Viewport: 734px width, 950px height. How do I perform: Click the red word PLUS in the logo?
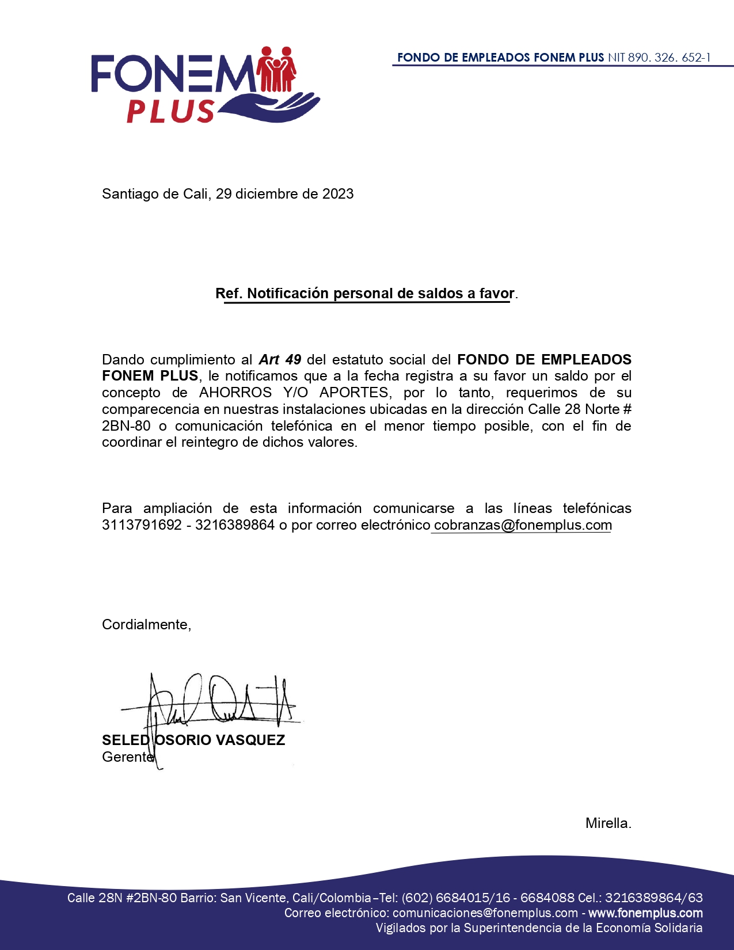point(170,111)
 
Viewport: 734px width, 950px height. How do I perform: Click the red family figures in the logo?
point(277,70)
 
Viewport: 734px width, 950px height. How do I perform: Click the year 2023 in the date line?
point(338,194)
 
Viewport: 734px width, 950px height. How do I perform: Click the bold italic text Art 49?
point(280,360)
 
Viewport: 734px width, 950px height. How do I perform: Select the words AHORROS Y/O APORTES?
point(294,393)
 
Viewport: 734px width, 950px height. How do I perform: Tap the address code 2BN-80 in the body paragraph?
point(126,426)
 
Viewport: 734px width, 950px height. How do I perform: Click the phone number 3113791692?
point(142,525)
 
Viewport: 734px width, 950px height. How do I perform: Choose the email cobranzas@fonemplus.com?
point(523,525)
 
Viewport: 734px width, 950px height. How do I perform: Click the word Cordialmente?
point(146,625)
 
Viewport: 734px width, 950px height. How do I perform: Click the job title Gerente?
point(127,757)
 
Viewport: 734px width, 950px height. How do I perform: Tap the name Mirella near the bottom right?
point(607,823)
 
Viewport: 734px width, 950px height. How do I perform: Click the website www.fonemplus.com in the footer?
point(645,913)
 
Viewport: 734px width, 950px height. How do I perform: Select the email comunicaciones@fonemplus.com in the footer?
point(485,913)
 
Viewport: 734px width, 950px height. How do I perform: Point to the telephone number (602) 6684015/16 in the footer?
point(456,898)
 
